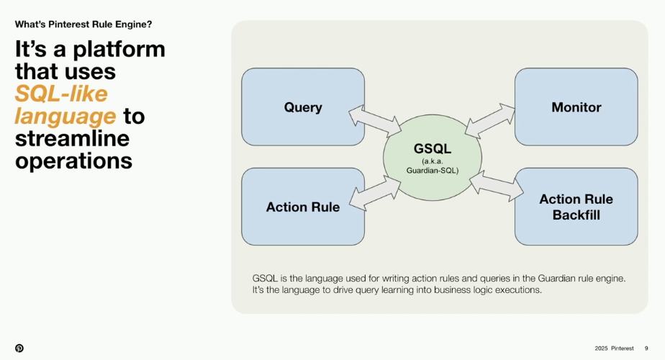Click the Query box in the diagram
302,107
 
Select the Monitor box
576,107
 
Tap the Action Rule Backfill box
576,207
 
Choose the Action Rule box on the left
302,207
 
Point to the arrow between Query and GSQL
374,121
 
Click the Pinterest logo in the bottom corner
19,348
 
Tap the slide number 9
646,348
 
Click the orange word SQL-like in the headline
61,94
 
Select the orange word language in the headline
65,116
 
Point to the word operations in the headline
73,161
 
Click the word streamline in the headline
72,138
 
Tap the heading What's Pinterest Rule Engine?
83,24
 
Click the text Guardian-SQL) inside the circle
432,171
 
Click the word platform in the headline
114,49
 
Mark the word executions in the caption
515,290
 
